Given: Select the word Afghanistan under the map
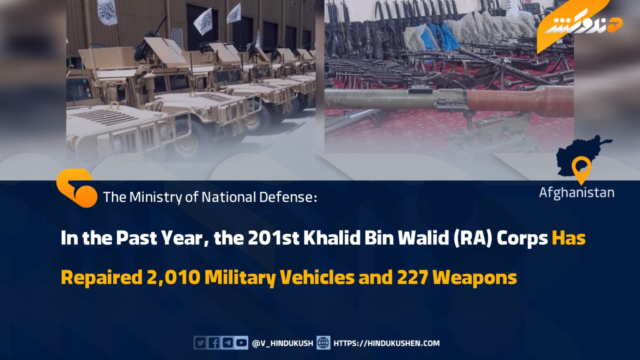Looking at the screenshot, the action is click(x=577, y=193).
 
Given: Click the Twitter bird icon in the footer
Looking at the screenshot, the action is click(x=200, y=343).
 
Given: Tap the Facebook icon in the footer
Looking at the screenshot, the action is click(x=214, y=343).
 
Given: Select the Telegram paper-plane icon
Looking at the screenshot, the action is click(x=228, y=343).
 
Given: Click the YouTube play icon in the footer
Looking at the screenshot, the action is click(x=242, y=343).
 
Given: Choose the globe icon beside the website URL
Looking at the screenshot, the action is click(x=323, y=343).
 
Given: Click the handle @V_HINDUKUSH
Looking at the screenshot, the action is click(x=282, y=343).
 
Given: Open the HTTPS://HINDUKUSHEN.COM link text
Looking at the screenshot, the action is click(x=387, y=343).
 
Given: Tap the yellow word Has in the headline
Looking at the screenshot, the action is click(x=569, y=238).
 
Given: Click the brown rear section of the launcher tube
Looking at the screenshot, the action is click(x=520, y=102).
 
